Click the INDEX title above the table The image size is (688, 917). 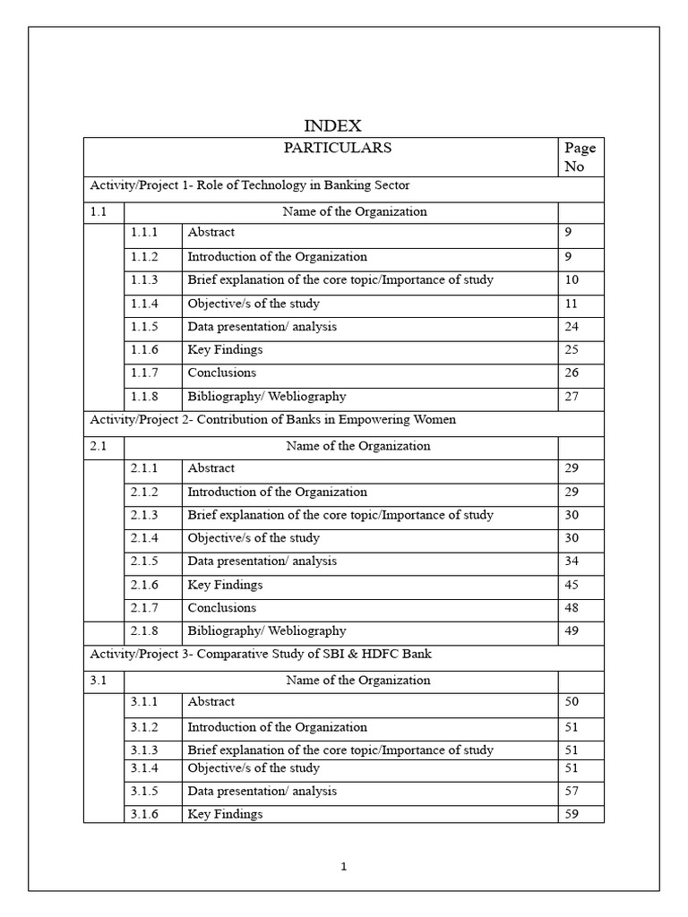coord(333,126)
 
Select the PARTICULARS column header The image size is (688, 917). coord(338,149)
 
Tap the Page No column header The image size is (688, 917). coord(580,158)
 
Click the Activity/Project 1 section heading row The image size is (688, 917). coord(250,186)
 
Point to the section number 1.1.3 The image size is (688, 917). coord(144,280)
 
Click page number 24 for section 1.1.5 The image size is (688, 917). coord(572,327)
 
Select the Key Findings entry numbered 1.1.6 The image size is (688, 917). coord(225,350)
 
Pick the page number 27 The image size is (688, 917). coord(572,397)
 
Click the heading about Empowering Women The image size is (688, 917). coord(272,420)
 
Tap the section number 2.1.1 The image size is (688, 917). coord(144,468)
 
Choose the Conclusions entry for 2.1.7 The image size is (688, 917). coord(221,608)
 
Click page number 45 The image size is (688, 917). coord(572,585)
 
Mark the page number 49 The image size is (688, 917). coord(572,631)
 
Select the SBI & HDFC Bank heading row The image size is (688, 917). coord(261,654)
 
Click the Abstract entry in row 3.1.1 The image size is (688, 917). coord(211,702)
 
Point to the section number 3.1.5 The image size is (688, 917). coord(144,792)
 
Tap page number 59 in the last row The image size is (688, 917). coord(572,815)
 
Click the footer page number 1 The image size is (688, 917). coord(344,867)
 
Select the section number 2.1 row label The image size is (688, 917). coord(99,446)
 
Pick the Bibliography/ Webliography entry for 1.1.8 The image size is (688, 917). coord(266,397)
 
